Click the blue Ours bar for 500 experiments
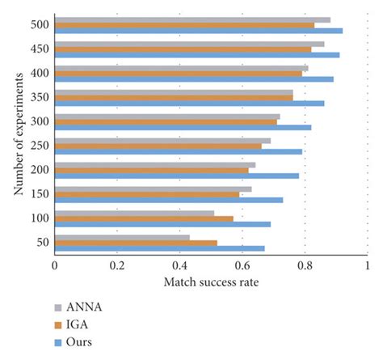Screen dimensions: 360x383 click(198, 31)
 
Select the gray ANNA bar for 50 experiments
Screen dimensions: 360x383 click(122, 237)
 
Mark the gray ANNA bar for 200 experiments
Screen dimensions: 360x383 click(154, 164)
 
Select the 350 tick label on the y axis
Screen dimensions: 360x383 click(39, 98)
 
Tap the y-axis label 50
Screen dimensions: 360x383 click(42, 243)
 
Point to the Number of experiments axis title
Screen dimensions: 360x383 click(18, 138)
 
